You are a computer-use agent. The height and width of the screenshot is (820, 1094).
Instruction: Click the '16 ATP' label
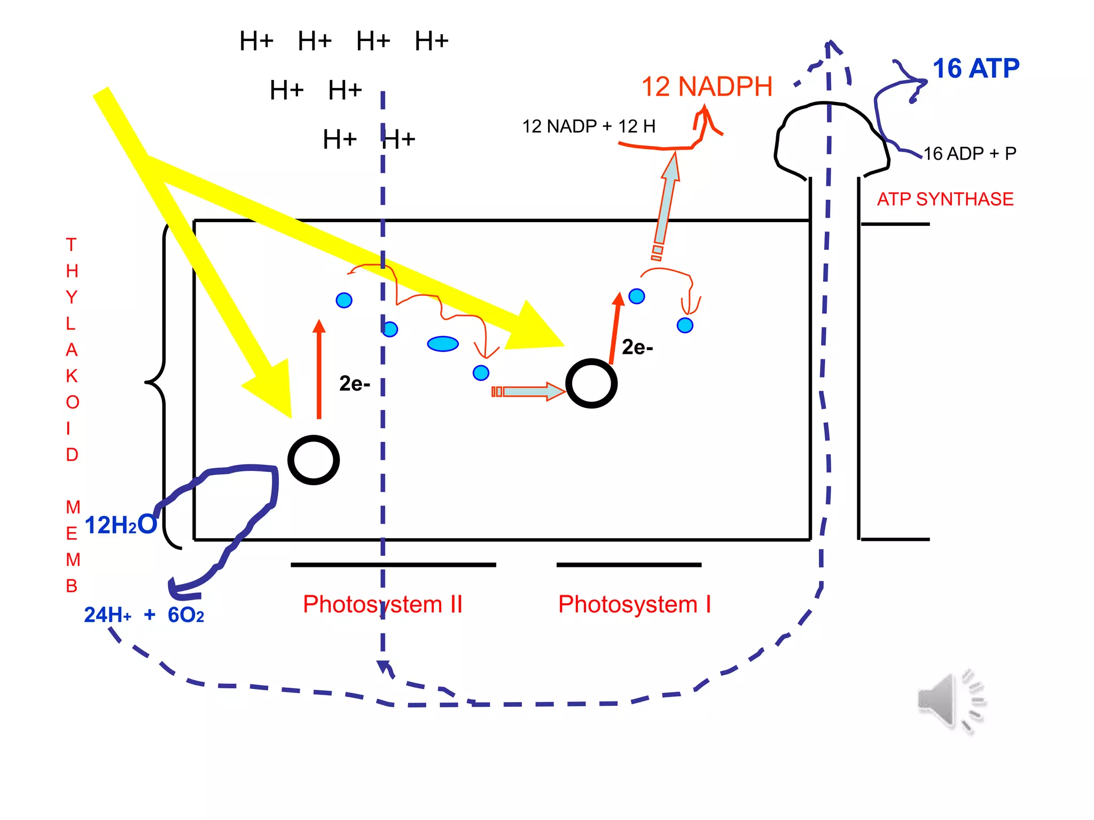(x=975, y=69)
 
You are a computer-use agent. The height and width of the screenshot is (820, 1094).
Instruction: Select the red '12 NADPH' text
(x=706, y=86)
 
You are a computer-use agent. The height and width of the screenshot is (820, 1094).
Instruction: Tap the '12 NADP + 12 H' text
(x=588, y=127)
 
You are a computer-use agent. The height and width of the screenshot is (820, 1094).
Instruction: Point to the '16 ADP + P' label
(x=970, y=154)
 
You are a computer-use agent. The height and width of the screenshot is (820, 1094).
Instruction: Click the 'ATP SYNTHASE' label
(x=945, y=199)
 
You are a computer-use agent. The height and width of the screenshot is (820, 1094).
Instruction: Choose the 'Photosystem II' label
(x=382, y=604)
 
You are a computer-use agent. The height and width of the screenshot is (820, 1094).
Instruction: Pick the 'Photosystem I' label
(x=634, y=604)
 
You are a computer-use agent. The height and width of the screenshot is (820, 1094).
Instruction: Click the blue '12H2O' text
(x=121, y=525)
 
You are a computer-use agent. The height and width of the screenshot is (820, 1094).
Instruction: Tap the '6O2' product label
(x=185, y=616)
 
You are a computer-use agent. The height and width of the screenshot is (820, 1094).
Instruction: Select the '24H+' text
(x=107, y=616)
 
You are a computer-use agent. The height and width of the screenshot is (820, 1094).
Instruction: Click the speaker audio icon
(x=950, y=700)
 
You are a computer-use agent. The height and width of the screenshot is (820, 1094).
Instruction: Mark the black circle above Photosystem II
(x=314, y=460)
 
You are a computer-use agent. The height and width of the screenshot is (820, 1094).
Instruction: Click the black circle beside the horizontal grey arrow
(x=591, y=383)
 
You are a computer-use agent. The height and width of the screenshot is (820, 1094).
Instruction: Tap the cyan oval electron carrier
(x=443, y=344)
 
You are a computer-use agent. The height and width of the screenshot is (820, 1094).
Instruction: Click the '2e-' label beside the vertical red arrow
(x=354, y=384)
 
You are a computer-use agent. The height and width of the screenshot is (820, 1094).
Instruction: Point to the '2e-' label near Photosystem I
(x=637, y=348)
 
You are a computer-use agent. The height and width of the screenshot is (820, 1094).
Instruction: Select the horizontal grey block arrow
(x=529, y=392)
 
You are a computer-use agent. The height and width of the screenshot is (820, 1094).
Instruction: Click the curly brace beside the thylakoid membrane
(x=158, y=382)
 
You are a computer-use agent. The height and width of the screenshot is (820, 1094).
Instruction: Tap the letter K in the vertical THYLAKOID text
(x=72, y=376)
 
